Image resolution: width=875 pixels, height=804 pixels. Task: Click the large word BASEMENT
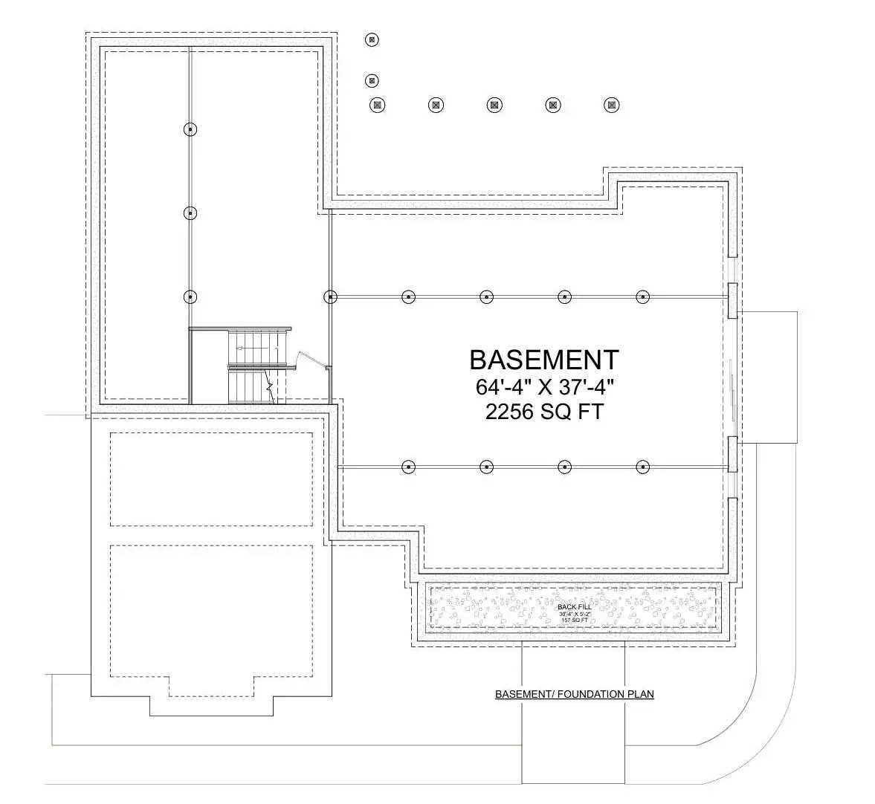coord(543,360)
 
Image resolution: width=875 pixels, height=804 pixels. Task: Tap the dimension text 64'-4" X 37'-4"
coord(543,387)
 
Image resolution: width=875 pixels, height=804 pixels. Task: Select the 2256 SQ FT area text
coord(543,412)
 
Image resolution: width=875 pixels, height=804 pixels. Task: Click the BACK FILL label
coord(573,607)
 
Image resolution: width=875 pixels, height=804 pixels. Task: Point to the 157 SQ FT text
coord(573,620)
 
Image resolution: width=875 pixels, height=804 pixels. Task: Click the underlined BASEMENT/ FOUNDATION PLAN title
coord(575,695)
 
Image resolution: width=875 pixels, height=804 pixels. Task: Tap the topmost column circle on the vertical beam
coord(190,129)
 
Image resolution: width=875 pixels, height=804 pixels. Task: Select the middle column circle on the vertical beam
coord(190,213)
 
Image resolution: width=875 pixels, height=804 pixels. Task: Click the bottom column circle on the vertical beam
coord(190,297)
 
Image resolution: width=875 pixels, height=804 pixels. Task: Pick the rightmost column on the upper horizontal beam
coord(643,297)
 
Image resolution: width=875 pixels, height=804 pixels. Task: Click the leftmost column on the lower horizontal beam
coord(407,467)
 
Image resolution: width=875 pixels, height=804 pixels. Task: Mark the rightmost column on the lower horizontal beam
coord(643,467)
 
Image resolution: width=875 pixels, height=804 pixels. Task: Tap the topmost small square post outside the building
coord(372,39)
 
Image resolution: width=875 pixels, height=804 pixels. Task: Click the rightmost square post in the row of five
coord(612,105)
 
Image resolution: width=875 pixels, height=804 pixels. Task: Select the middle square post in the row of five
coord(494,105)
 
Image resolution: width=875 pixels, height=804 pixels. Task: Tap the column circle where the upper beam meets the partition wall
coord(330,297)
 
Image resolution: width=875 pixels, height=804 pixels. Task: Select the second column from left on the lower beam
coord(486,467)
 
